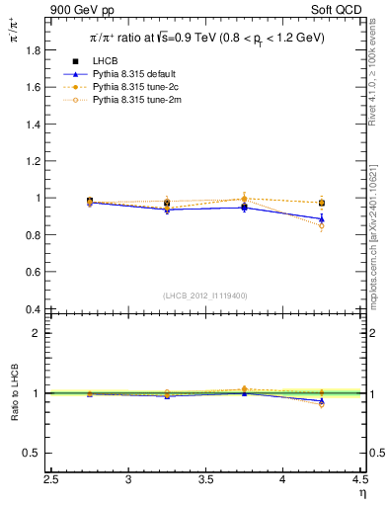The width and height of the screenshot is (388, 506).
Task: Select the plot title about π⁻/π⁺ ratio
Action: point(201,39)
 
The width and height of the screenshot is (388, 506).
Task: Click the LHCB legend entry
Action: point(107,61)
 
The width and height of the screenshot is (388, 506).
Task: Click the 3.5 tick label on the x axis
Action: point(205,480)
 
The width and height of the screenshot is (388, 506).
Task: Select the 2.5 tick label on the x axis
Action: point(51,480)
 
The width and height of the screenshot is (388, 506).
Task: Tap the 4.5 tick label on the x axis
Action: point(359,480)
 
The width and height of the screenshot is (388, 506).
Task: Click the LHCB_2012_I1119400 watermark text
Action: point(205,295)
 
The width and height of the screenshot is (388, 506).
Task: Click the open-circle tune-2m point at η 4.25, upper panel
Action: point(321,226)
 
